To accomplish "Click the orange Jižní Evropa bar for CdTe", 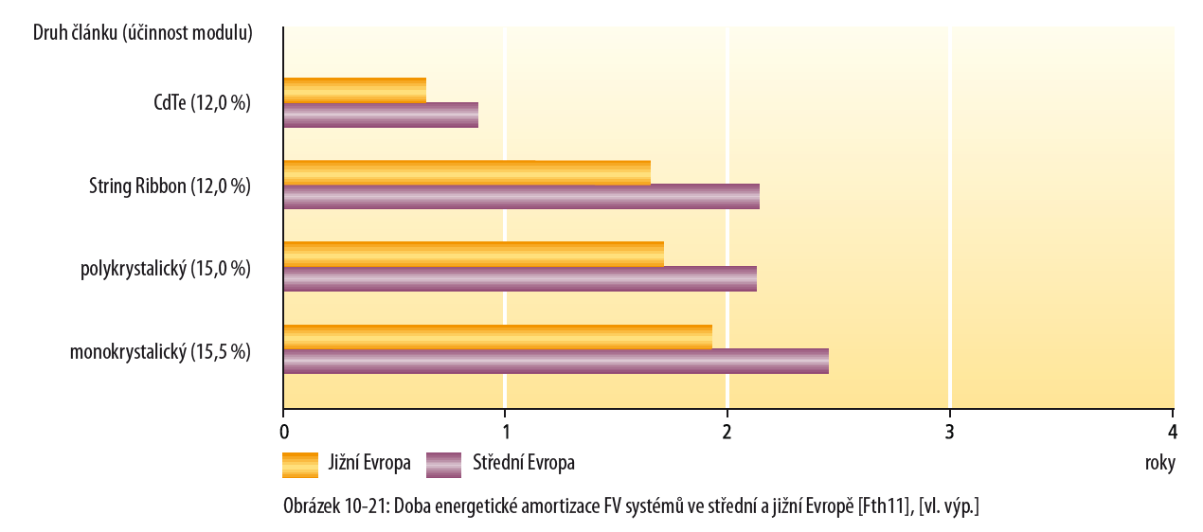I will click(x=354, y=90).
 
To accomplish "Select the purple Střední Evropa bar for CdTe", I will click(x=380, y=115).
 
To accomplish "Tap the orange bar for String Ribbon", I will click(x=466, y=172).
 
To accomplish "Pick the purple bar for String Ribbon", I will click(x=521, y=197).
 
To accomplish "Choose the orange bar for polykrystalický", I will click(x=473, y=254).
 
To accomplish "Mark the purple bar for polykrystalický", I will click(x=519, y=278).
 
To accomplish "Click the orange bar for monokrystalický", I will click(x=497, y=336).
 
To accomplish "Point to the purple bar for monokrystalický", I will click(x=555, y=361).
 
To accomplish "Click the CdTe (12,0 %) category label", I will click(x=202, y=103).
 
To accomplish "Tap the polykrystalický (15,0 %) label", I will click(x=166, y=269).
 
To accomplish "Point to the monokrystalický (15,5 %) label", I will click(x=160, y=352).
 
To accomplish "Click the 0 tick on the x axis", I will click(x=283, y=432).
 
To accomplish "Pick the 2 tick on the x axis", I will click(x=727, y=432).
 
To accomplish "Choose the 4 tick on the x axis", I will click(x=1173, y=432).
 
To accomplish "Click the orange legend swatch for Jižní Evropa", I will click(x=300, y=465).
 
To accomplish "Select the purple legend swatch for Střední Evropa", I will click(x=443, y=465).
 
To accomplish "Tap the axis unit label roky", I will click(x=1159, y=464).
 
